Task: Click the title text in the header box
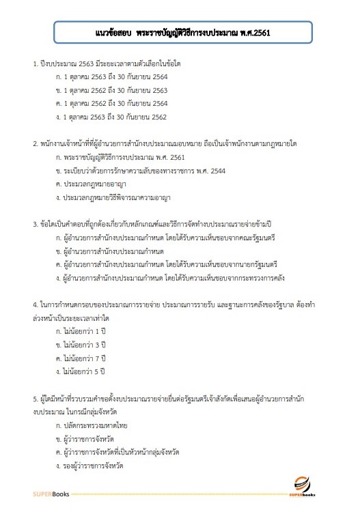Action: (180, 31)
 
